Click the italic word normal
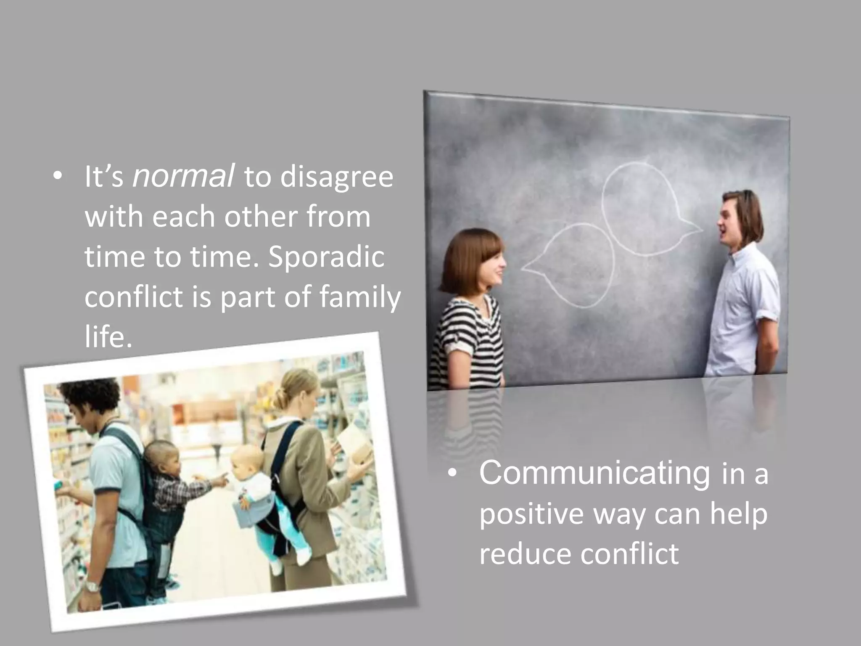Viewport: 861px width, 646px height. coord(183,177)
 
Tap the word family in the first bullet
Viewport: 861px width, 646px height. coord(360,297)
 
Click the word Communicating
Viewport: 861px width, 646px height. coord(594,473)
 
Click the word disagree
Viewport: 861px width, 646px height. coord(336,177)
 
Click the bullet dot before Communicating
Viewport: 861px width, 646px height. coord(452,474)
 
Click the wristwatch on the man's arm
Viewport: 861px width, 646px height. coord(92,585)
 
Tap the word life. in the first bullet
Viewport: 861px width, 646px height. coord(108,336)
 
